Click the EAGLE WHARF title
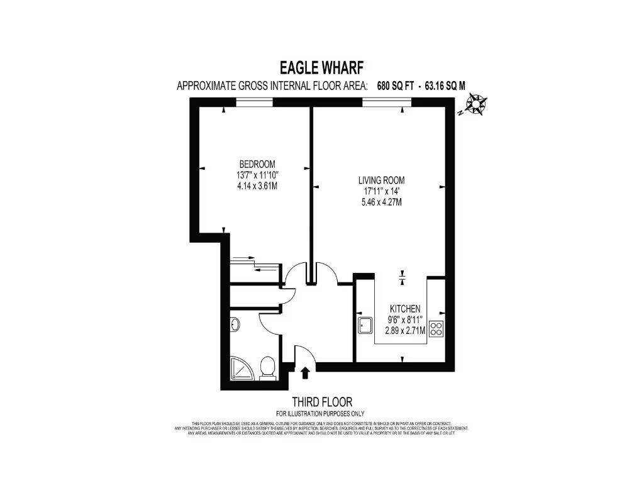tap(321, 67)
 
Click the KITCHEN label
tap(405, 309)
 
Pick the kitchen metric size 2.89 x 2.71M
tap(405, 330)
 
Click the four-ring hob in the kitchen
tap(437, 329)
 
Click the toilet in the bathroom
tap(268, 368)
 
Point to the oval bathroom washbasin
tap(235, 325)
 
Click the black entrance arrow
tap(306, 374)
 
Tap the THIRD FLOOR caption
tap(321, 402)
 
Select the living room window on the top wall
tap(383, 104)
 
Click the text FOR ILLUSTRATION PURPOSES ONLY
tap(321, 413)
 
